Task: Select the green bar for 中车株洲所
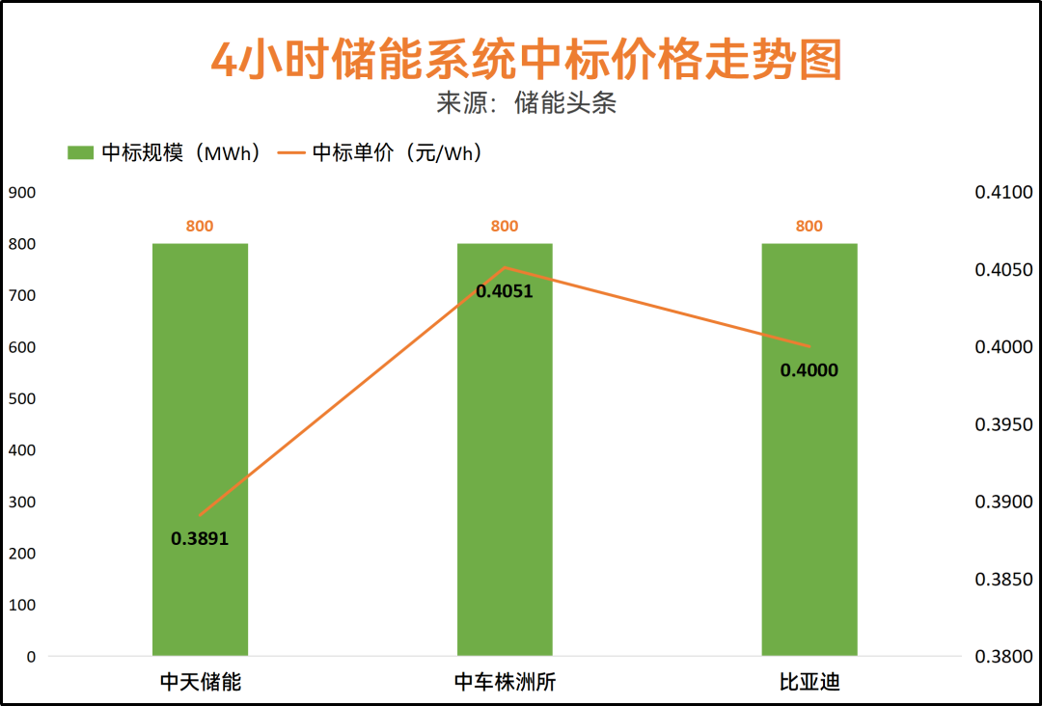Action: (x=505, y=463)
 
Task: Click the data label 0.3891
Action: (x=200, y=539)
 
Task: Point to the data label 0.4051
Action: (x=505, y=290)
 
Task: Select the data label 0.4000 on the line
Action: (x=809, y=369)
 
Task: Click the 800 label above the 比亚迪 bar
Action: (x=809, y=226)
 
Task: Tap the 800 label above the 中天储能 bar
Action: (x=200, y=226)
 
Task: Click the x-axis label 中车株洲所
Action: (x=505, y=683)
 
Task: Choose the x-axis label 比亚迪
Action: (x=809, y=683)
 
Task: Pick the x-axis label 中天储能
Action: (x=200, y=683)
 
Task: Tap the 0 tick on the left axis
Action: (x=31, y=657)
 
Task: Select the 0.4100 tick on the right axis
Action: (x=1003, y=193)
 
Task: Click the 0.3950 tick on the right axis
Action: (x=1003, y=424)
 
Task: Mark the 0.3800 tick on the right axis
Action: (x=1003, y=657)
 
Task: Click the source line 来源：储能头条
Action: (x=526, y=103)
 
